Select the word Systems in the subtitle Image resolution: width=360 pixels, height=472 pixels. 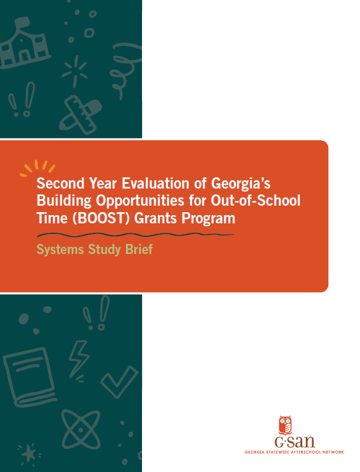[58, 249]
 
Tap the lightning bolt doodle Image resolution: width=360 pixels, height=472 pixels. [78, 357]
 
